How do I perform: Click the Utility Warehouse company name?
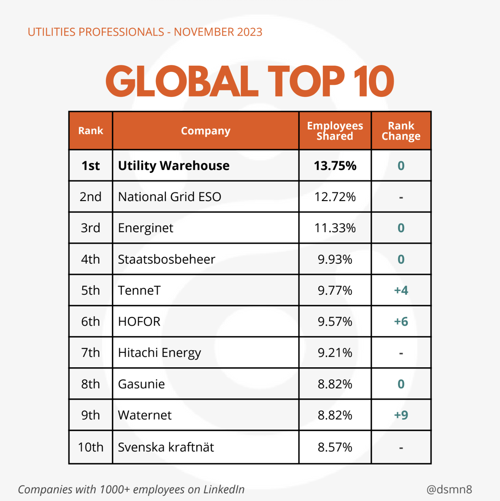coord(174,165)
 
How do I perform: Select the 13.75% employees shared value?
coord(335,165)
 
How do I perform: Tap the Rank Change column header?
coord(401,131)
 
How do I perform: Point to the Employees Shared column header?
coord(335,131)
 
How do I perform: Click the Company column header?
coord(206,131)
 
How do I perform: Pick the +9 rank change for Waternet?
coord(401,415)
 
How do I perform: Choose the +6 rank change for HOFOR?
coord(401,322)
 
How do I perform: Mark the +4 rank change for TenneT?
coord(401,290)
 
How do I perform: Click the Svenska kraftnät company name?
coord(166,447)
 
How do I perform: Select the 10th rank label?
coord(91,447)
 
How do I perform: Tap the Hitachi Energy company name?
coord(159,353)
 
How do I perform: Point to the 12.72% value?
coord(335,197)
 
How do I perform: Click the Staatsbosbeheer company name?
coord(166,259)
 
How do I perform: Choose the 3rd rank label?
coord(91,228)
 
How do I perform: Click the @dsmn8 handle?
coord(449,489)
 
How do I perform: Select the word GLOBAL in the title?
coord(182,82)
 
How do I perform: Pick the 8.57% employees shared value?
coord(335,447)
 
